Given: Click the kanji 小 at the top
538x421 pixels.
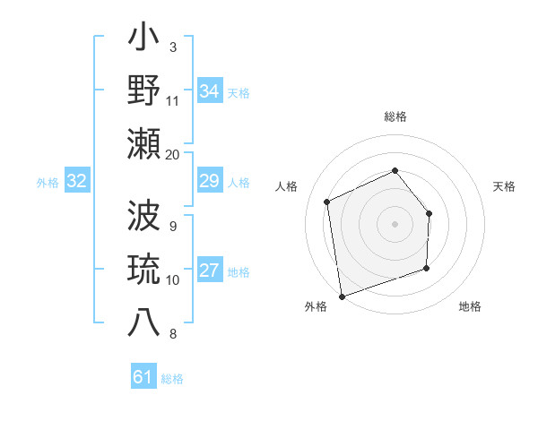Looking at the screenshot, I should coord(144,39).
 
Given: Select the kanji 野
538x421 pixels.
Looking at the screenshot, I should coord(144,91).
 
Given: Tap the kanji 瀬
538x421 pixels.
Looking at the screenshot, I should coord(144,144).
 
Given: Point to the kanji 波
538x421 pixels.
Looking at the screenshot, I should coord(144,217).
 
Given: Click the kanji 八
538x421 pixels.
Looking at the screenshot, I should coord(144,322).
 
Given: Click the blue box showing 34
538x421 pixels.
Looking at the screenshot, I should coord(209,91).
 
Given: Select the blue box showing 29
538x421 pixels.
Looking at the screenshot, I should coord(209,182).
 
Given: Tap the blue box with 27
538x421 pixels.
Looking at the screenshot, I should coord(209,271).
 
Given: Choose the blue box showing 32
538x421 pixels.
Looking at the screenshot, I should coord(76,182).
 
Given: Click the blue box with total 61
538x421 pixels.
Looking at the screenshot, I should coord(143,377).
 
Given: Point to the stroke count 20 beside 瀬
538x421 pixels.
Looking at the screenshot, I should coord(172,154).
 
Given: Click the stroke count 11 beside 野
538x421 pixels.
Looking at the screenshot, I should coord(172,100).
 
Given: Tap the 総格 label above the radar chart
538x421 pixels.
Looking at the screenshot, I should coord(395,116).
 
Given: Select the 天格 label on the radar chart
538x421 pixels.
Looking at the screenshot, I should coord(504,186).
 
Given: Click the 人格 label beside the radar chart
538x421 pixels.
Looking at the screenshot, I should coord(287,186).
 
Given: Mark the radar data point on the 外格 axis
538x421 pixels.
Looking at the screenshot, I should coord(342,295).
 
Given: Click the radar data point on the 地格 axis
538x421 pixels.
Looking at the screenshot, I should coord(426,268).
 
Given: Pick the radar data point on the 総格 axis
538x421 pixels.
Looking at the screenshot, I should coord(395,170).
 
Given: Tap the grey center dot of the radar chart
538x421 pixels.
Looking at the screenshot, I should coord(395,224).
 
